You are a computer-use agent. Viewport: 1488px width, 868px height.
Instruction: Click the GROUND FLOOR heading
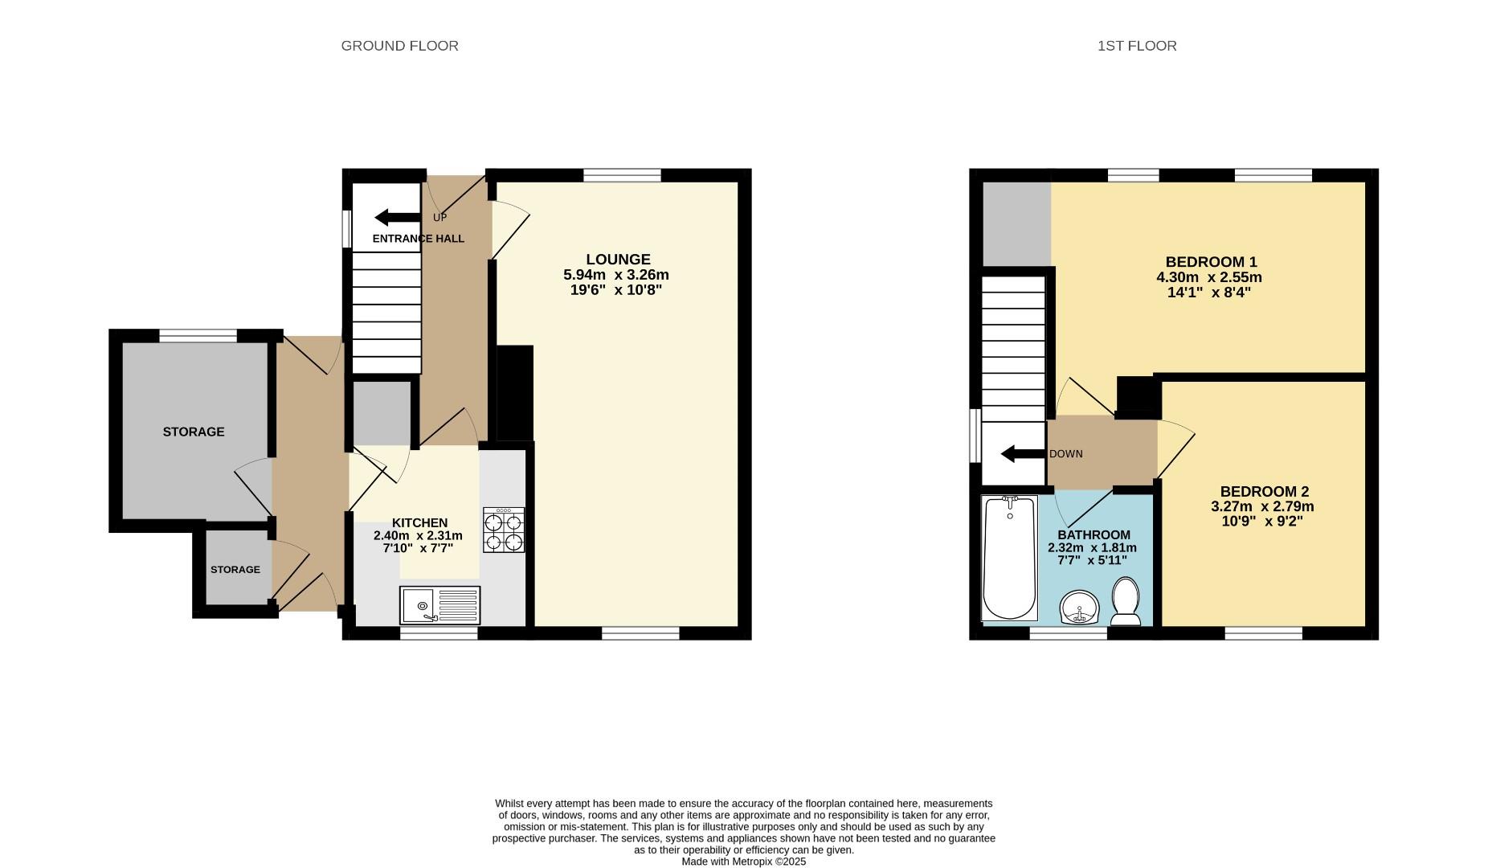[399, 46]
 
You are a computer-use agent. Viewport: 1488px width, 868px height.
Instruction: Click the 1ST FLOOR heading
[1137, 46]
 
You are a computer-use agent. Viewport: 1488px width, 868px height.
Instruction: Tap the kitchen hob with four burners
[504, 530]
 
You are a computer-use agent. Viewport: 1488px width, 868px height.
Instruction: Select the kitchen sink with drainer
[439, 605]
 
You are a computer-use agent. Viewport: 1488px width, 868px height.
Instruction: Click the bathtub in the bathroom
[1009, 557]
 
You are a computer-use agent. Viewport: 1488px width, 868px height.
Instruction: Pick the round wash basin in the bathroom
[1080, 608]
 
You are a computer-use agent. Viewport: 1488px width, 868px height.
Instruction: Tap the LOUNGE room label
[618, 260]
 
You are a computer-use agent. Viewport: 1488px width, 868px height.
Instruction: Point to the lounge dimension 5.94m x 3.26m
[616, 275]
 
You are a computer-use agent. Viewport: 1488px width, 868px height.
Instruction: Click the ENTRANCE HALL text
[419, 239]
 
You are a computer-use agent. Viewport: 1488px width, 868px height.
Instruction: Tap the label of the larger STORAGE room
[194, 432]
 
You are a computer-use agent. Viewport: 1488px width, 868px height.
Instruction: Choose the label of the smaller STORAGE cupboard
[235, 570]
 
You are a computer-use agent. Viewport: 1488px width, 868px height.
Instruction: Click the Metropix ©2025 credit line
[743, 862]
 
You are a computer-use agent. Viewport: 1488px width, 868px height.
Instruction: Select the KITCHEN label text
[419, 522]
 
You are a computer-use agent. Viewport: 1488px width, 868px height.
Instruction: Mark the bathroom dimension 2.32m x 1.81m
[1092, 548]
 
